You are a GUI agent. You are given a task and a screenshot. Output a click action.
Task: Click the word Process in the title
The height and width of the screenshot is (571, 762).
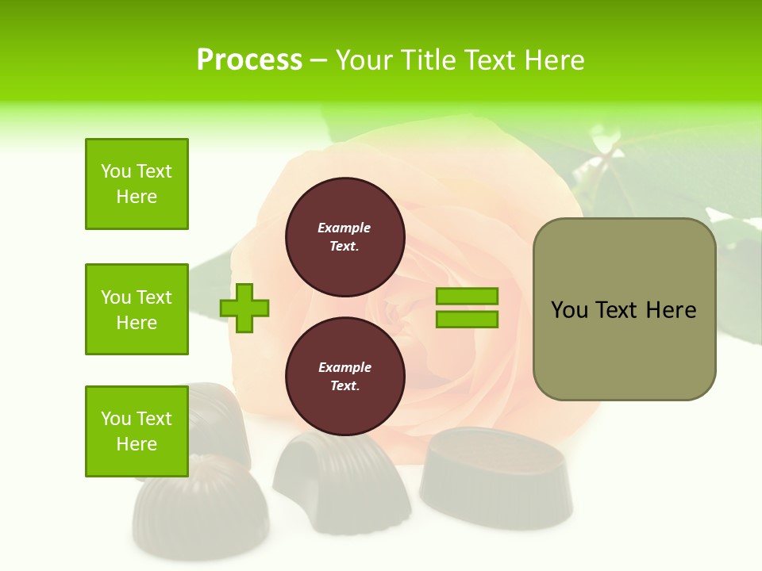click(x=249, y=60)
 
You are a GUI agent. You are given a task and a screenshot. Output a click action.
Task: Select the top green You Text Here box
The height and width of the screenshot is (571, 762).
click(x=137, y=184)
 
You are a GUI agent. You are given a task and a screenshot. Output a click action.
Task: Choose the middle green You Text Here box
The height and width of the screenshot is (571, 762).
click(x=137, y=309)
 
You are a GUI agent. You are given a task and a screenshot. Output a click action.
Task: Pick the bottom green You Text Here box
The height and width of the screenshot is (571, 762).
click(x=137, y=431)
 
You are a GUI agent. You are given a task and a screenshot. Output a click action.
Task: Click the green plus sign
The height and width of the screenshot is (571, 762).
click(x=244, y=307)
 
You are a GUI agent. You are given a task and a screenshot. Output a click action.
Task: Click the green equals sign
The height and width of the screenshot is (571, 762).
click(x=467, y=308)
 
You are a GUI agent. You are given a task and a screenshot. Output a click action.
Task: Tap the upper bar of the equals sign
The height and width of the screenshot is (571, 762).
click(x=467, y=297)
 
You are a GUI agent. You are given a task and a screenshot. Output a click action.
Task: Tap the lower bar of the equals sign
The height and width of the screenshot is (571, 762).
click(x=467, y=320)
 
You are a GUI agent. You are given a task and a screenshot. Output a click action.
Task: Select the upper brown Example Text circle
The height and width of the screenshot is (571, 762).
click(x=344, y=237)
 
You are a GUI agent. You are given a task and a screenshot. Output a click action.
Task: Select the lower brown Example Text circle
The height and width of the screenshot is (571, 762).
click(x=344, y=377)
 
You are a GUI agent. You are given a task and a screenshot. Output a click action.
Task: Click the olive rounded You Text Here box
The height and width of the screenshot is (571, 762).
click(x=624, y=309)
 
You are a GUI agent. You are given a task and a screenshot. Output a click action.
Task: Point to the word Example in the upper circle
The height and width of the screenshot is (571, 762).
click(x=344, y=228)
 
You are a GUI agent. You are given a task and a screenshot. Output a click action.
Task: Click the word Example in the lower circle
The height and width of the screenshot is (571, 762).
click(x=344, y=367)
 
